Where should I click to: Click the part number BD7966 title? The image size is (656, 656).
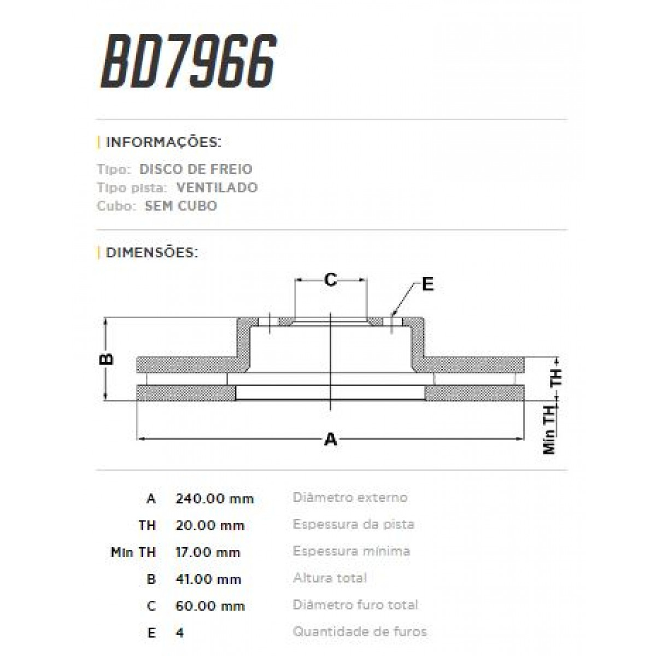[189, 61]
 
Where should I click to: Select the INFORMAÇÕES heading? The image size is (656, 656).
[163, 143]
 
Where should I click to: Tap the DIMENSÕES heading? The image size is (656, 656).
[151, 253]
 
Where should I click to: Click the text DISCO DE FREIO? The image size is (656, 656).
[196, 169]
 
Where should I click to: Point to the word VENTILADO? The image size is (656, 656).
[217, 188]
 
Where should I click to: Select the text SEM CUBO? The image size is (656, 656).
[181, 206]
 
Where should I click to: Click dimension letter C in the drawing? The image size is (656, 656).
[330, 280]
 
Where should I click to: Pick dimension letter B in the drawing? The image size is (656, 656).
[107, 359]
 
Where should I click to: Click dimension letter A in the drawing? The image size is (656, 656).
[331, 439]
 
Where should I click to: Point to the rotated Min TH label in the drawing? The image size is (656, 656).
[549, 432]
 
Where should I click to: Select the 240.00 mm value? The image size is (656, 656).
[215, 499]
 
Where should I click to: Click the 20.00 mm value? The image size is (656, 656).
[210, 525]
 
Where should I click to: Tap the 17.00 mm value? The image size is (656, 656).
[208, 552]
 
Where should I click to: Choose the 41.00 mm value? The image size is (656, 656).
[208, 579]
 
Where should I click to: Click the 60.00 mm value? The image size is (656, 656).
[210, 606]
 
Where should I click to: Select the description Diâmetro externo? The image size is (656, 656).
[350, 497]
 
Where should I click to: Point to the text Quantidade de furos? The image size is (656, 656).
[360, 632]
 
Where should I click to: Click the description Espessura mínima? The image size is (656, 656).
[352, 551]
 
